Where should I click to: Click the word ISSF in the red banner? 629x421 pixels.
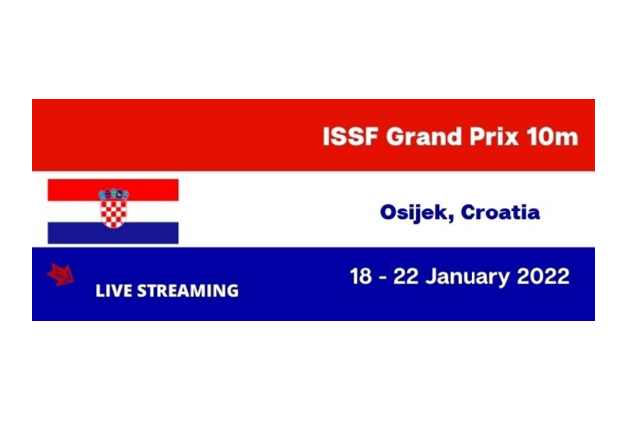pos(350,137)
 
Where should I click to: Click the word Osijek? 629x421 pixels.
pos(417,212)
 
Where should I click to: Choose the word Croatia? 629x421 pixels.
pos(500,211)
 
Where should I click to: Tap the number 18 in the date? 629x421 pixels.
pos(361,276)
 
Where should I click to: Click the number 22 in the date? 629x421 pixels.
pos(405,276)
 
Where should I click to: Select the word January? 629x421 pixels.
pos(468,277)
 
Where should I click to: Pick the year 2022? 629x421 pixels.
pos(543,276)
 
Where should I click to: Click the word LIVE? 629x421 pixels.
pos(114,291)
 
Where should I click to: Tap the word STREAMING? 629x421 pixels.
pos(187,291)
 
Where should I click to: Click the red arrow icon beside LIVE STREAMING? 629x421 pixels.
pos(61,275)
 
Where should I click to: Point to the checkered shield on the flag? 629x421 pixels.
pos(113,213)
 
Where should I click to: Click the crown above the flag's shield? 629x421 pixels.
pos(113,194)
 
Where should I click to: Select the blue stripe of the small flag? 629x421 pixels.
pos(113,233)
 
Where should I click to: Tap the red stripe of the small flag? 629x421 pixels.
pos(113,190)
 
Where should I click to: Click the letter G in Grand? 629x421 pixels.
pos(395,137)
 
